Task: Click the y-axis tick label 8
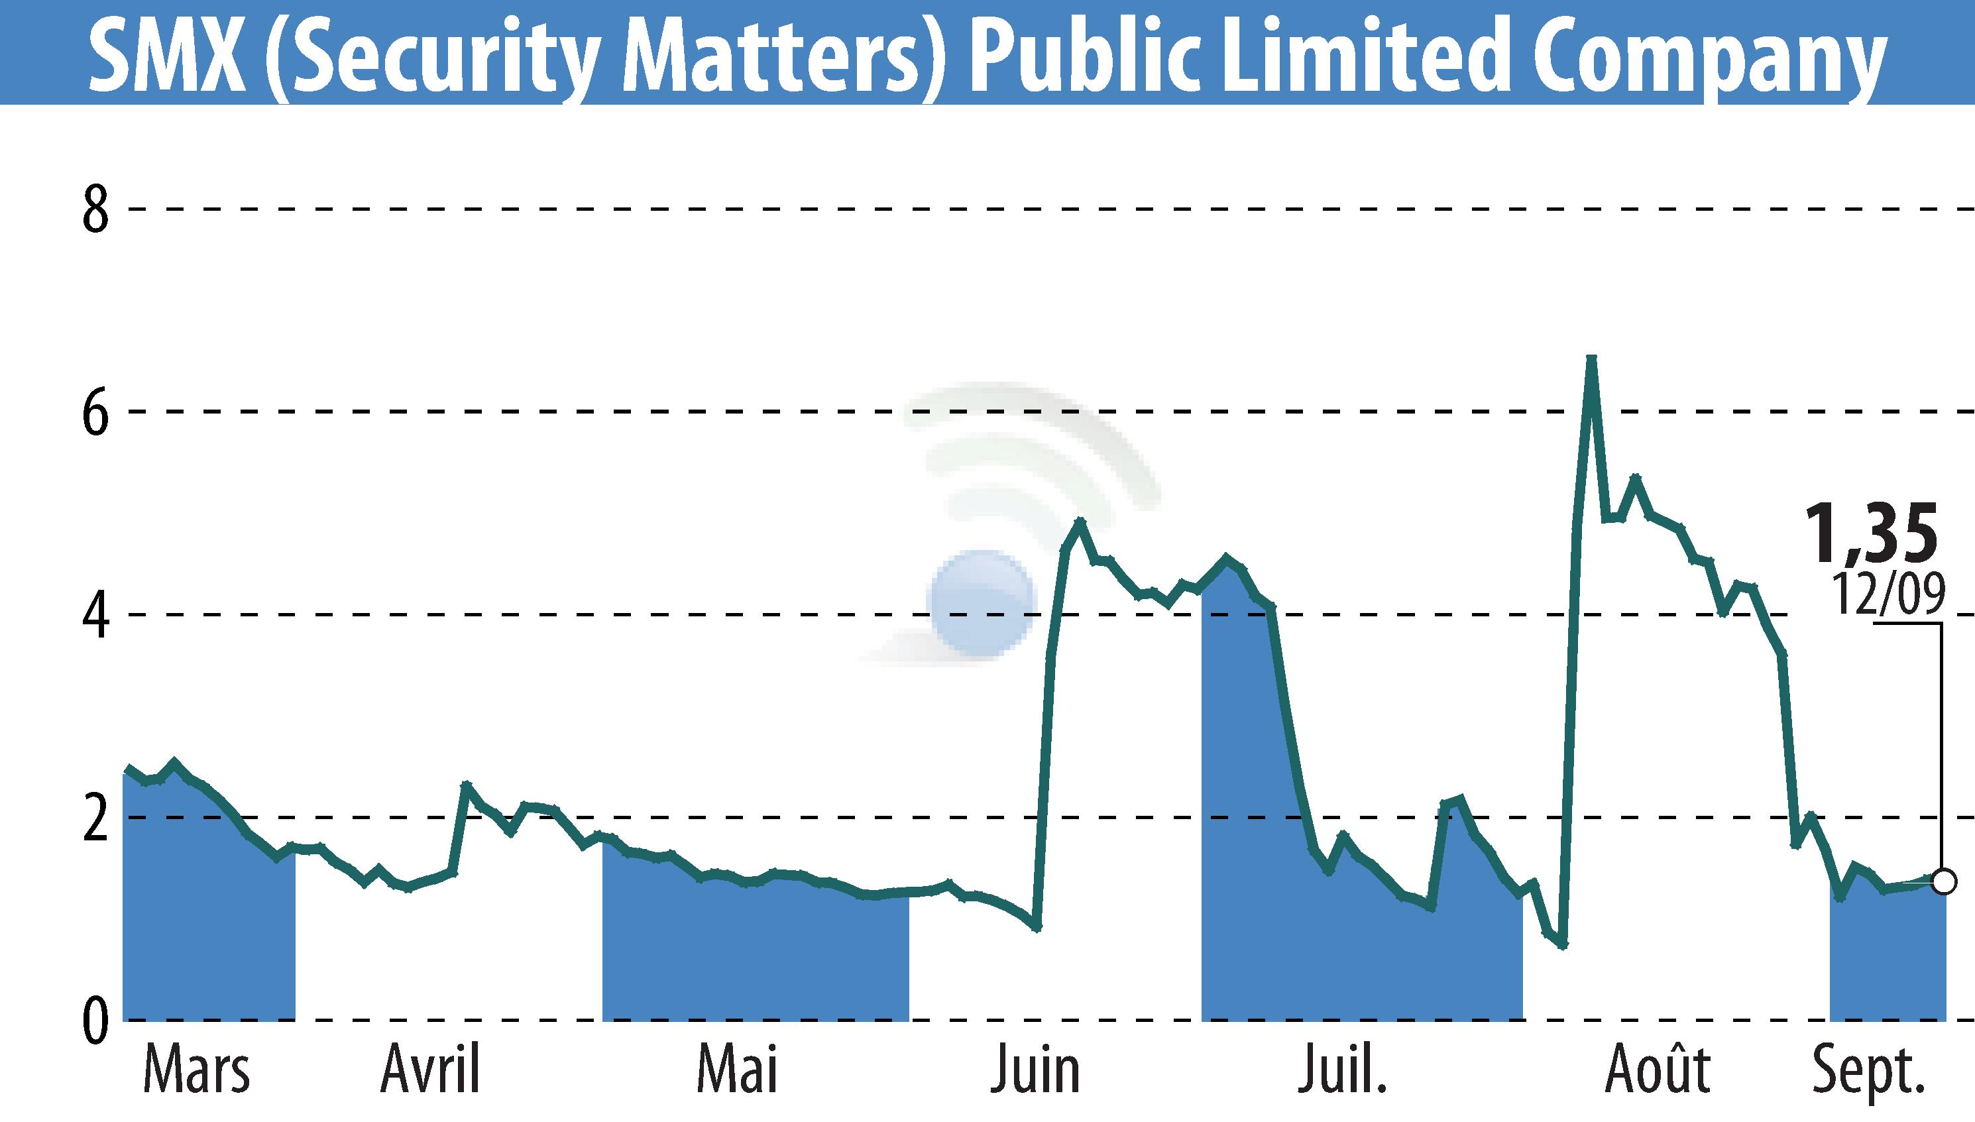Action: pyautogui.click(x=95, y=210)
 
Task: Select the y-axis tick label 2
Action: pyautogui.click(x=95, y=819)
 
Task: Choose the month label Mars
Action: pyautogui.click(x=196, y=1070)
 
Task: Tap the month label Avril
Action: pyautogui.click(x=430, y=1070)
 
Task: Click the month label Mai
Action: pyautogui.click(x=737, y=1070)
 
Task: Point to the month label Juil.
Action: pyautogui.click(x=1342, y=1070)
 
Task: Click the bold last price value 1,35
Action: pyautogui.click(x=1870, y=533)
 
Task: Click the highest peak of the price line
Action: pyautogui.click(x=1591, y=359)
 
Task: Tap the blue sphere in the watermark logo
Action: pyautogui.click(x=981, y=602)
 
